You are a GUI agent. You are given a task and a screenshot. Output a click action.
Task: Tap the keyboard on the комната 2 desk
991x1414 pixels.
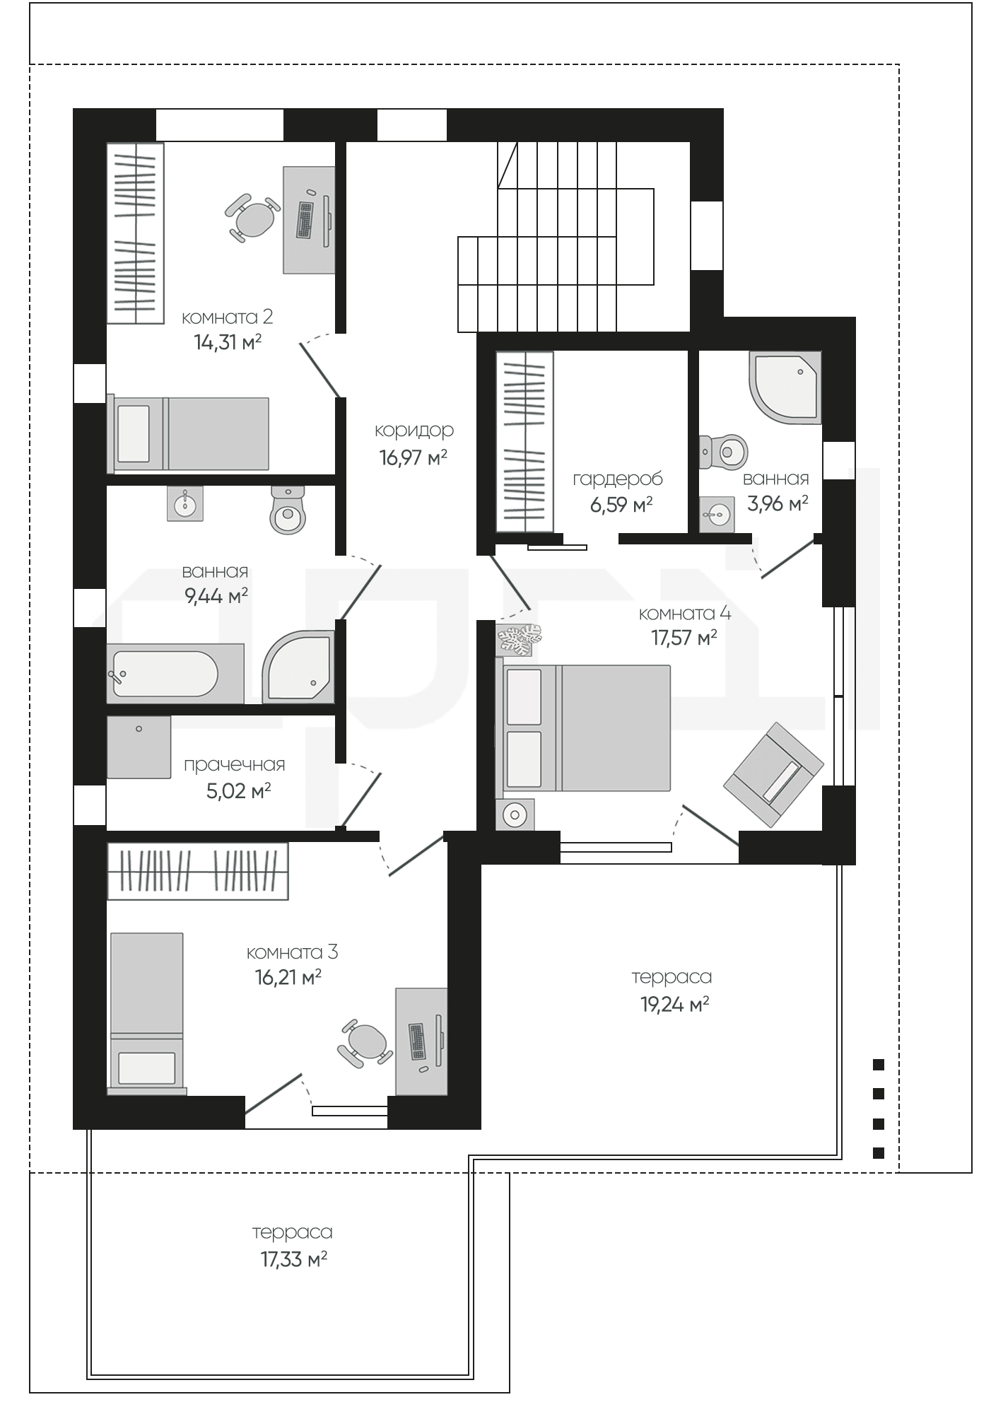(305, 220)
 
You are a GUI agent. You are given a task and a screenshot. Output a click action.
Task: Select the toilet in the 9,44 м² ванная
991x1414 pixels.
(288, 510)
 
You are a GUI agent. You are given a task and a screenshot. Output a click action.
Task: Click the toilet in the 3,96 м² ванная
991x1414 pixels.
(724, 451)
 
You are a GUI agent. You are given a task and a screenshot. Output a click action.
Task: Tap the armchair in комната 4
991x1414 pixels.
(774, 773)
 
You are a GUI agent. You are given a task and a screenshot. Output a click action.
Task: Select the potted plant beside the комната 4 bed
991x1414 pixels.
(519, 639)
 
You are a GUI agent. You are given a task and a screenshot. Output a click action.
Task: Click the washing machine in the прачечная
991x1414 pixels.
(139, 747)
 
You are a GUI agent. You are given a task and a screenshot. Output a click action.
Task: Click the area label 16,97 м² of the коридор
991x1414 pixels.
(414, 457)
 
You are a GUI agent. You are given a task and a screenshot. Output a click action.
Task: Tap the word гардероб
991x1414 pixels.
(618, 479)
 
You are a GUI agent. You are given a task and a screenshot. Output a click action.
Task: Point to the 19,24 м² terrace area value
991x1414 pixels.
(675, 1004)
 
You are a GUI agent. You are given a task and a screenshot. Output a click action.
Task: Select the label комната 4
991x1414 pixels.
(685, 613)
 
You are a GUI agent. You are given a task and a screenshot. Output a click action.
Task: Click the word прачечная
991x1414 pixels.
(235, 765)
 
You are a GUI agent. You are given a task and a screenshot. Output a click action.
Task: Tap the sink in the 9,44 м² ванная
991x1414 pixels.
(185, 503)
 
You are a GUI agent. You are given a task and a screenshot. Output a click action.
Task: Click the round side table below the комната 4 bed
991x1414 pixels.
(515, 814)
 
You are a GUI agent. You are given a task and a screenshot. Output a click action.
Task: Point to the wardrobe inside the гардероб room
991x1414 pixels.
(524, 442)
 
